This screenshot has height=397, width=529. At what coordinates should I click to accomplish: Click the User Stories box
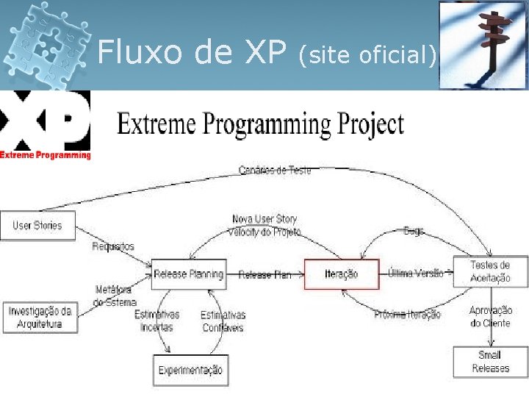coord(37,226)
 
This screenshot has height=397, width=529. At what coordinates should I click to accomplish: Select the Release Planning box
coord(189,274)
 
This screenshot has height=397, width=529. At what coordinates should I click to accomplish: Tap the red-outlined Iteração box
coord(342,274)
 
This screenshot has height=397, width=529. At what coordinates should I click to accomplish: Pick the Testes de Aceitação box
coord(490,272)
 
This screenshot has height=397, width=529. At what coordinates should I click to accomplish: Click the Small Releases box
coord(490,362)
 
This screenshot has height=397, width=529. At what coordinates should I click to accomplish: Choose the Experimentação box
coord(190,370)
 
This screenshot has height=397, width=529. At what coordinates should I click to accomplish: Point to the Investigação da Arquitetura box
coord(40,318)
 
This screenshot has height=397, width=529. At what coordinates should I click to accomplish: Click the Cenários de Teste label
coord(275,171)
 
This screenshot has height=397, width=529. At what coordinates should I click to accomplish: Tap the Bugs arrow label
coord(414,231)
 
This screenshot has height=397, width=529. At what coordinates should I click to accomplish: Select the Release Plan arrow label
coord(264,275)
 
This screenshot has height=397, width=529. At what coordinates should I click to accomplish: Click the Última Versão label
coord(416,273)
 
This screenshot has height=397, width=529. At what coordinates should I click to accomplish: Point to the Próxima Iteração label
coord(407,315)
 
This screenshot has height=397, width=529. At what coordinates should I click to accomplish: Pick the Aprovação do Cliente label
coord(491,317)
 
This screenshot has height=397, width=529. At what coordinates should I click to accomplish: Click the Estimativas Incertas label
coord(156,321)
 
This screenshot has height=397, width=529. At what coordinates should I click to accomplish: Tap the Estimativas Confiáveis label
coord(223,321)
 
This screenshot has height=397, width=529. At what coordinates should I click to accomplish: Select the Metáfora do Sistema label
coord(115,296)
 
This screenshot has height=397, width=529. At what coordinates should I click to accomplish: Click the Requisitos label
coord(113,247)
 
